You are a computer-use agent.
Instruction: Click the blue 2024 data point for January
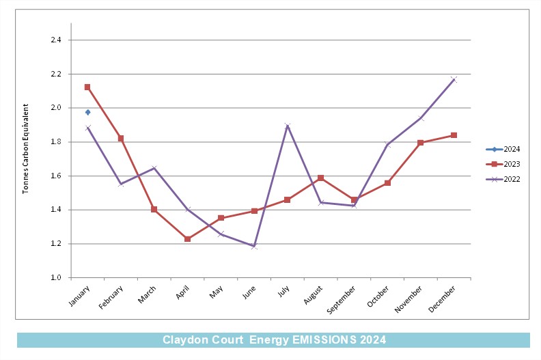88,112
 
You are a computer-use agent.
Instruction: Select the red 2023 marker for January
87,87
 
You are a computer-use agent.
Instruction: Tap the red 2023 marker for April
187,239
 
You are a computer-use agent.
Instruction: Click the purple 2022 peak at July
288,126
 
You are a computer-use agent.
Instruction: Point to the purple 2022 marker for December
454,80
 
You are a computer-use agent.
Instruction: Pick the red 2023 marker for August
320,178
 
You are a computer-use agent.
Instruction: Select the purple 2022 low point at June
254,246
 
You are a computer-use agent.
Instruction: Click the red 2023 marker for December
454,135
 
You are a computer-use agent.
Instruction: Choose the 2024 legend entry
503,149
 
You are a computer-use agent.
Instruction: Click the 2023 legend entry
503,164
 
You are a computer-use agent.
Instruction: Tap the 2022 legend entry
503,179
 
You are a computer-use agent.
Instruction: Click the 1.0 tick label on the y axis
56,277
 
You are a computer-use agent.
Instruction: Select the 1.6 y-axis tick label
56,176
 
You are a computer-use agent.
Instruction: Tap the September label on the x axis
341,300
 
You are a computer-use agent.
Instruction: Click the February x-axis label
111,297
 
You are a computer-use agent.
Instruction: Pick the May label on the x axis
217,292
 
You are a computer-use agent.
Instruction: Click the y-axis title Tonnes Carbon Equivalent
25,149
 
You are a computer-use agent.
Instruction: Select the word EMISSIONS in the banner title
324,340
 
